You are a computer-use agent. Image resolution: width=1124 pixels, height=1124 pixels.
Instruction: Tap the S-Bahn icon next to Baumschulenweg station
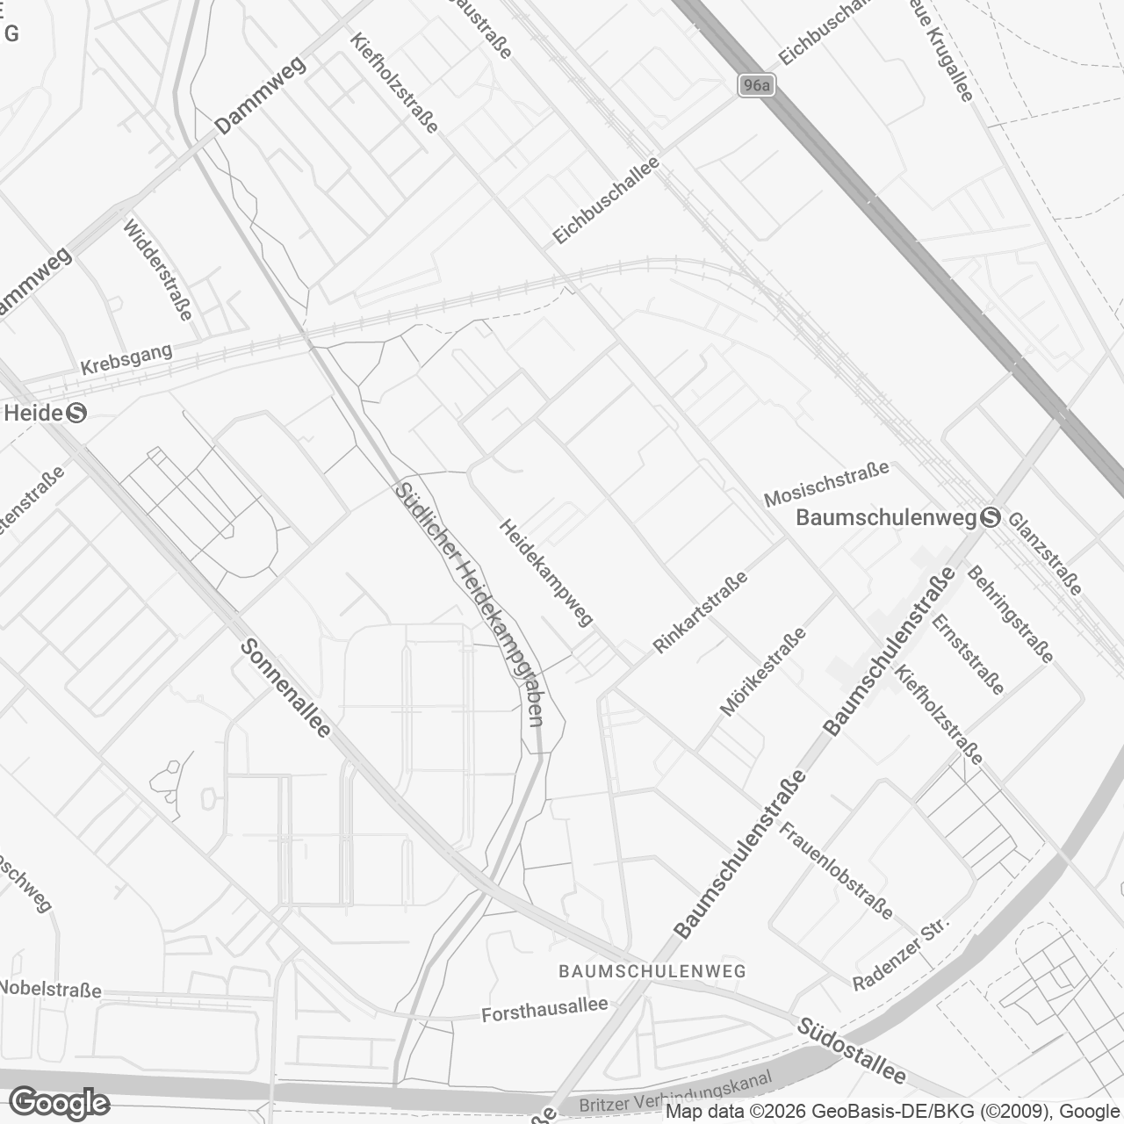click(990, 518)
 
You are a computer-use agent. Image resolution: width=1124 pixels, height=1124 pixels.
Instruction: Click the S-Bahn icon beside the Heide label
click(76, 412)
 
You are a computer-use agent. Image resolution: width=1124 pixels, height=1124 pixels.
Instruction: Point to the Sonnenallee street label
click(285, 688)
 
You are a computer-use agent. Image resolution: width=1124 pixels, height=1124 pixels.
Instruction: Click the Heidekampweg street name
click(545, 572)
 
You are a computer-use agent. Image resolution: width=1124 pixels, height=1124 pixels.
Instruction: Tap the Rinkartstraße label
click(701, 612)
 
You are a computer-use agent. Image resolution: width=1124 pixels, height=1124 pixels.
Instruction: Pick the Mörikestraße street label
click(762, 673)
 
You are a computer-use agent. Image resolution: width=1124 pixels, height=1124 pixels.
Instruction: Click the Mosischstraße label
click(826, 484)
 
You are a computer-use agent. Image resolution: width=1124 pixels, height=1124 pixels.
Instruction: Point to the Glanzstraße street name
click(1045, 554)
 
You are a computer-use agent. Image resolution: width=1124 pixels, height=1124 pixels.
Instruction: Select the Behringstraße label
click(1010, 614)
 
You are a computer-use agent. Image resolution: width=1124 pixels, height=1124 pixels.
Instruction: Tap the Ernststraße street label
click(969, 654)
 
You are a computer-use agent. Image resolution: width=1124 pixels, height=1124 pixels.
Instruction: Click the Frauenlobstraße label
click(836, 869)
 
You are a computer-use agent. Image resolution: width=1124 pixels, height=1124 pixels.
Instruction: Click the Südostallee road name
click(851, 1051)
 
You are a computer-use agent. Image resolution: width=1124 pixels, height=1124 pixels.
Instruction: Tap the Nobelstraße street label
click(50, 989)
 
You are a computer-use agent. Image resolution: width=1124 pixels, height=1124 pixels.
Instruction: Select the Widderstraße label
click(158, 270)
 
